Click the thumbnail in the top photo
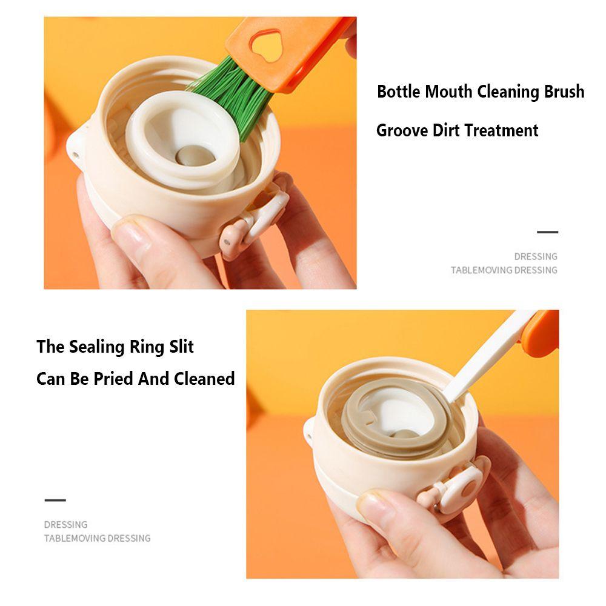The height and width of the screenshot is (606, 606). click(130, 233)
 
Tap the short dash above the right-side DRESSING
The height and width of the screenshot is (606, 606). click(547, 232)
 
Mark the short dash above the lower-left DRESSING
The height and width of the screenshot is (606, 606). click(55, 501)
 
